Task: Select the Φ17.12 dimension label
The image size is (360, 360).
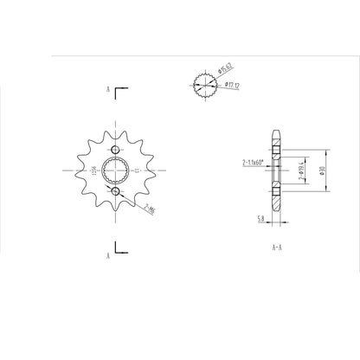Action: [x=232, y=85]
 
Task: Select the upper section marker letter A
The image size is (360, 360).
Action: [x=106, y=89]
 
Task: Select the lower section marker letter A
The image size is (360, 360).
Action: [x=106, y=256]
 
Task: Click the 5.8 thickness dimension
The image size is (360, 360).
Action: [x=260, y=220]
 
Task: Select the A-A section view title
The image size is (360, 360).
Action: [x=276, y=246]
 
